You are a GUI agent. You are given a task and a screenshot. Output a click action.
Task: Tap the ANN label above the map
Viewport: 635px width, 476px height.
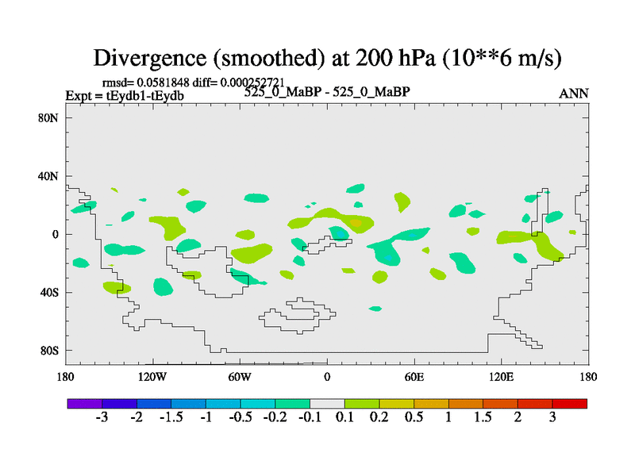click(574, 94)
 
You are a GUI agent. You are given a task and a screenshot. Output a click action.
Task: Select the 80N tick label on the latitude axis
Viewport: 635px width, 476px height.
click(52, 117)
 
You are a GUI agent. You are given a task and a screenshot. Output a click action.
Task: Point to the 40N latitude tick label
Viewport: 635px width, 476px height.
click(52, 176)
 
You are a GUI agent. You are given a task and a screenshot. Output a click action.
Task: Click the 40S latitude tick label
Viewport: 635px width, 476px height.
click(52, 293)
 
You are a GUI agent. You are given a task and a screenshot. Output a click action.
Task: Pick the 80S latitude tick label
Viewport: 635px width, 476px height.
click(52, 351)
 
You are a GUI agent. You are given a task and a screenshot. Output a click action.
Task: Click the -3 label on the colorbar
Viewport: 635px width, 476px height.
click(102, 418)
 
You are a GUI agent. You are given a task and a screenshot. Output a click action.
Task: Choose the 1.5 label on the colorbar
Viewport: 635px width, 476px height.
click(483, 418)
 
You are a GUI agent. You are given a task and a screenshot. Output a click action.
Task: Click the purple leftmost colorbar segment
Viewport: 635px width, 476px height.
click(84, 404)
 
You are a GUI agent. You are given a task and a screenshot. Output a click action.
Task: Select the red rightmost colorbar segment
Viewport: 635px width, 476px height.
click(570, 404)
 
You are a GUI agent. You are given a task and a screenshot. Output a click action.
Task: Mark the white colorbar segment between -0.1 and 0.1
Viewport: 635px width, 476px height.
click(327, 404)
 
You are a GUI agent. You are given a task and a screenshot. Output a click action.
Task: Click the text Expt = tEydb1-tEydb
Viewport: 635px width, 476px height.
click(125, 95)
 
